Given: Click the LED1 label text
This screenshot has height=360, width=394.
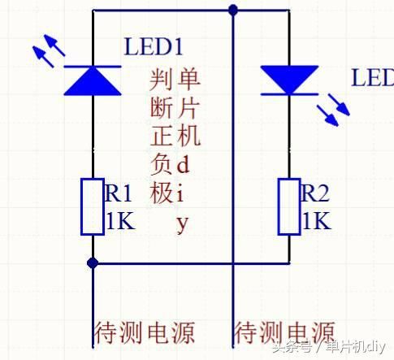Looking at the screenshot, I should pyautogui.click(x=158, y=46).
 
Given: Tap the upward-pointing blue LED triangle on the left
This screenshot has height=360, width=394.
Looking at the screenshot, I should pyautogui.click(x=93, y=79).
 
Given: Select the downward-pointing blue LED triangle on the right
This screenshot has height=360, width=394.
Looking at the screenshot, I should pyautogui.click(x=290, y=80).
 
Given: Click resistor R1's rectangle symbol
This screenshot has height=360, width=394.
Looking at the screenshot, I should pyautogui.click(x=93, y=206).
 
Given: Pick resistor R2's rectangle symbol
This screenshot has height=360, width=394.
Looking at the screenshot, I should pyautogui.click(x=290, y=206).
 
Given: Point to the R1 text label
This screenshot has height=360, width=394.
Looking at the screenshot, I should pyautogui.click(x=119, y=193).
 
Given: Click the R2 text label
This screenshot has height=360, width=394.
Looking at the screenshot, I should pyautogui.click(x=317, y=193).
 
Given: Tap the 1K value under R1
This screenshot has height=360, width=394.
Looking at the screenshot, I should pyautogui.click(x=119, y=222).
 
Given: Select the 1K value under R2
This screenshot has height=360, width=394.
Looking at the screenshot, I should pyautogui.click(x=316, y=222).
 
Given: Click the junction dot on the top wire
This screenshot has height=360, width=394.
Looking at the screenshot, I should pyautogui.click(x=233, y=10).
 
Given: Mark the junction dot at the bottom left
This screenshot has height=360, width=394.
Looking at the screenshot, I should pyautogui.click(x=93, y=262).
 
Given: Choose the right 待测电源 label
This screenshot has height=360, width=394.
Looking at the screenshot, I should pyautogui.click(x=284, y=332).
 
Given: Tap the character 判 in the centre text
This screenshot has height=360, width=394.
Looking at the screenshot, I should pyautogui.click(x=162, y=80).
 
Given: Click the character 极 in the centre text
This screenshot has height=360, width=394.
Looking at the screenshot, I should pyautogui.click(x=162, y=193).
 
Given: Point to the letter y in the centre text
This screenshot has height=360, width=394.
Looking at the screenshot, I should pyautogui.click(x=183, y=222).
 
